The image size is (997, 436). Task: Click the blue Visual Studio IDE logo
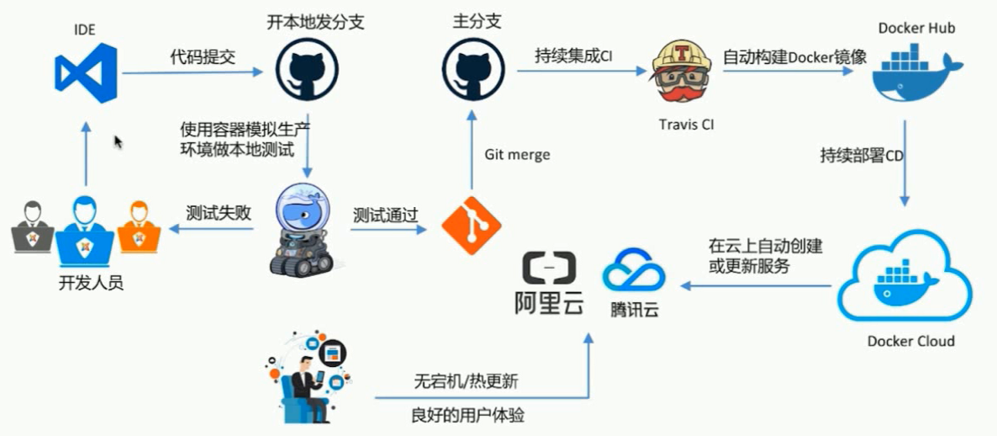[85, 72]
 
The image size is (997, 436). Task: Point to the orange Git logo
[471, 226]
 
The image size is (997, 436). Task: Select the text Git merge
[517, 154]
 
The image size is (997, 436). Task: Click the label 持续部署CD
[862, 156]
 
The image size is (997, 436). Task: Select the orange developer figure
[139, 227]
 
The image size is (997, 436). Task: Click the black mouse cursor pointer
[119, 142]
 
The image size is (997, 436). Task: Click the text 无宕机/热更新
[466, 380]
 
